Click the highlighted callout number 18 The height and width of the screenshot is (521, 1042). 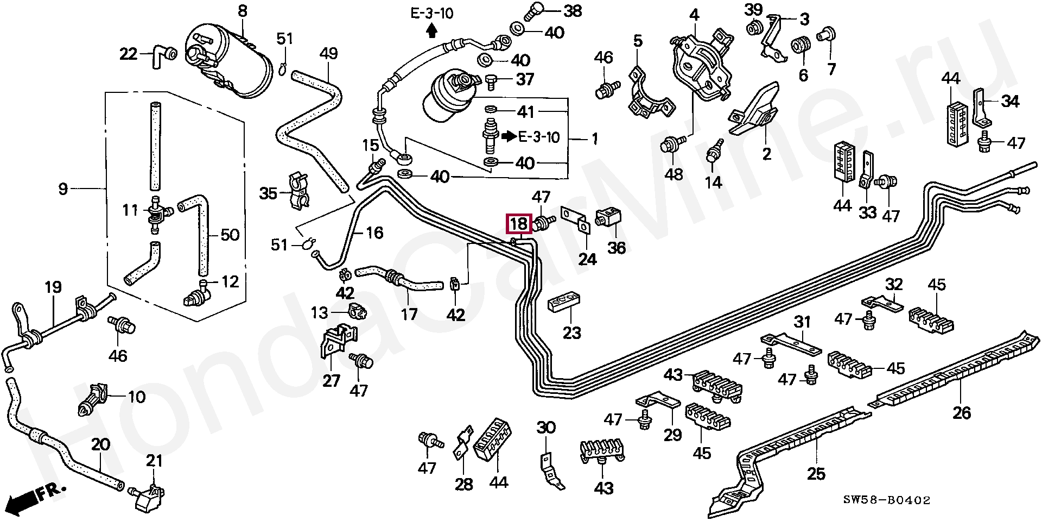(519, 224)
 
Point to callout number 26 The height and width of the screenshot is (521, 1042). (962, 413)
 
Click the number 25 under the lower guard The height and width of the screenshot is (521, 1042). (816, 473)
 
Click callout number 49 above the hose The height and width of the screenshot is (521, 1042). (328, 54)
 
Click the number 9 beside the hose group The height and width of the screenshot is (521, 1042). (63, 189)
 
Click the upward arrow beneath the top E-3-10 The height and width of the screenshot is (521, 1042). (431, 32)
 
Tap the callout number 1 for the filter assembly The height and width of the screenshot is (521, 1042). (594, 139)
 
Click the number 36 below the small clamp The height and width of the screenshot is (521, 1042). (616, 248)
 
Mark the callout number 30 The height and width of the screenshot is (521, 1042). (546, 428)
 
